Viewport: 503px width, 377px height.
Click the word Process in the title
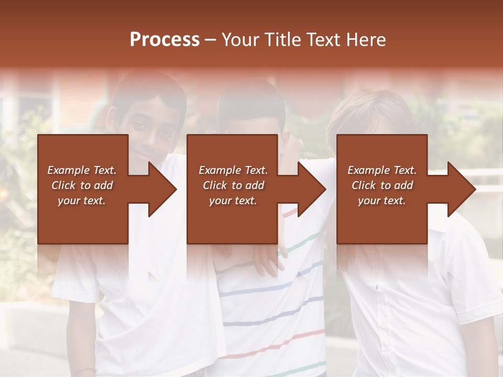[x=165, y=39]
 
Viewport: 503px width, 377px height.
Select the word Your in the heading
[x=242, y=39]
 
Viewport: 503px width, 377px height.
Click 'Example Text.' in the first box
[x=82, y=170]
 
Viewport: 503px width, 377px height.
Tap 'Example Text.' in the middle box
[x=233, y=170]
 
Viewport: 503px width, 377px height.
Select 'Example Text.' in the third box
[x=382, y=170]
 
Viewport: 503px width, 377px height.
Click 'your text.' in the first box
[x=82, y=201]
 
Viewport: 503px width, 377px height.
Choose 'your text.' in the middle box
[x=233, y=201]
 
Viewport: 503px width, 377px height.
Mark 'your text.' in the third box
[x=382, y=201]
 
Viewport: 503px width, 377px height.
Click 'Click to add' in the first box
[x=82, y=185]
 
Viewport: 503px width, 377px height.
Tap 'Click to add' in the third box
[x=382, y=185]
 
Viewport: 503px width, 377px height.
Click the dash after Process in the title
[x=211, y=40]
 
